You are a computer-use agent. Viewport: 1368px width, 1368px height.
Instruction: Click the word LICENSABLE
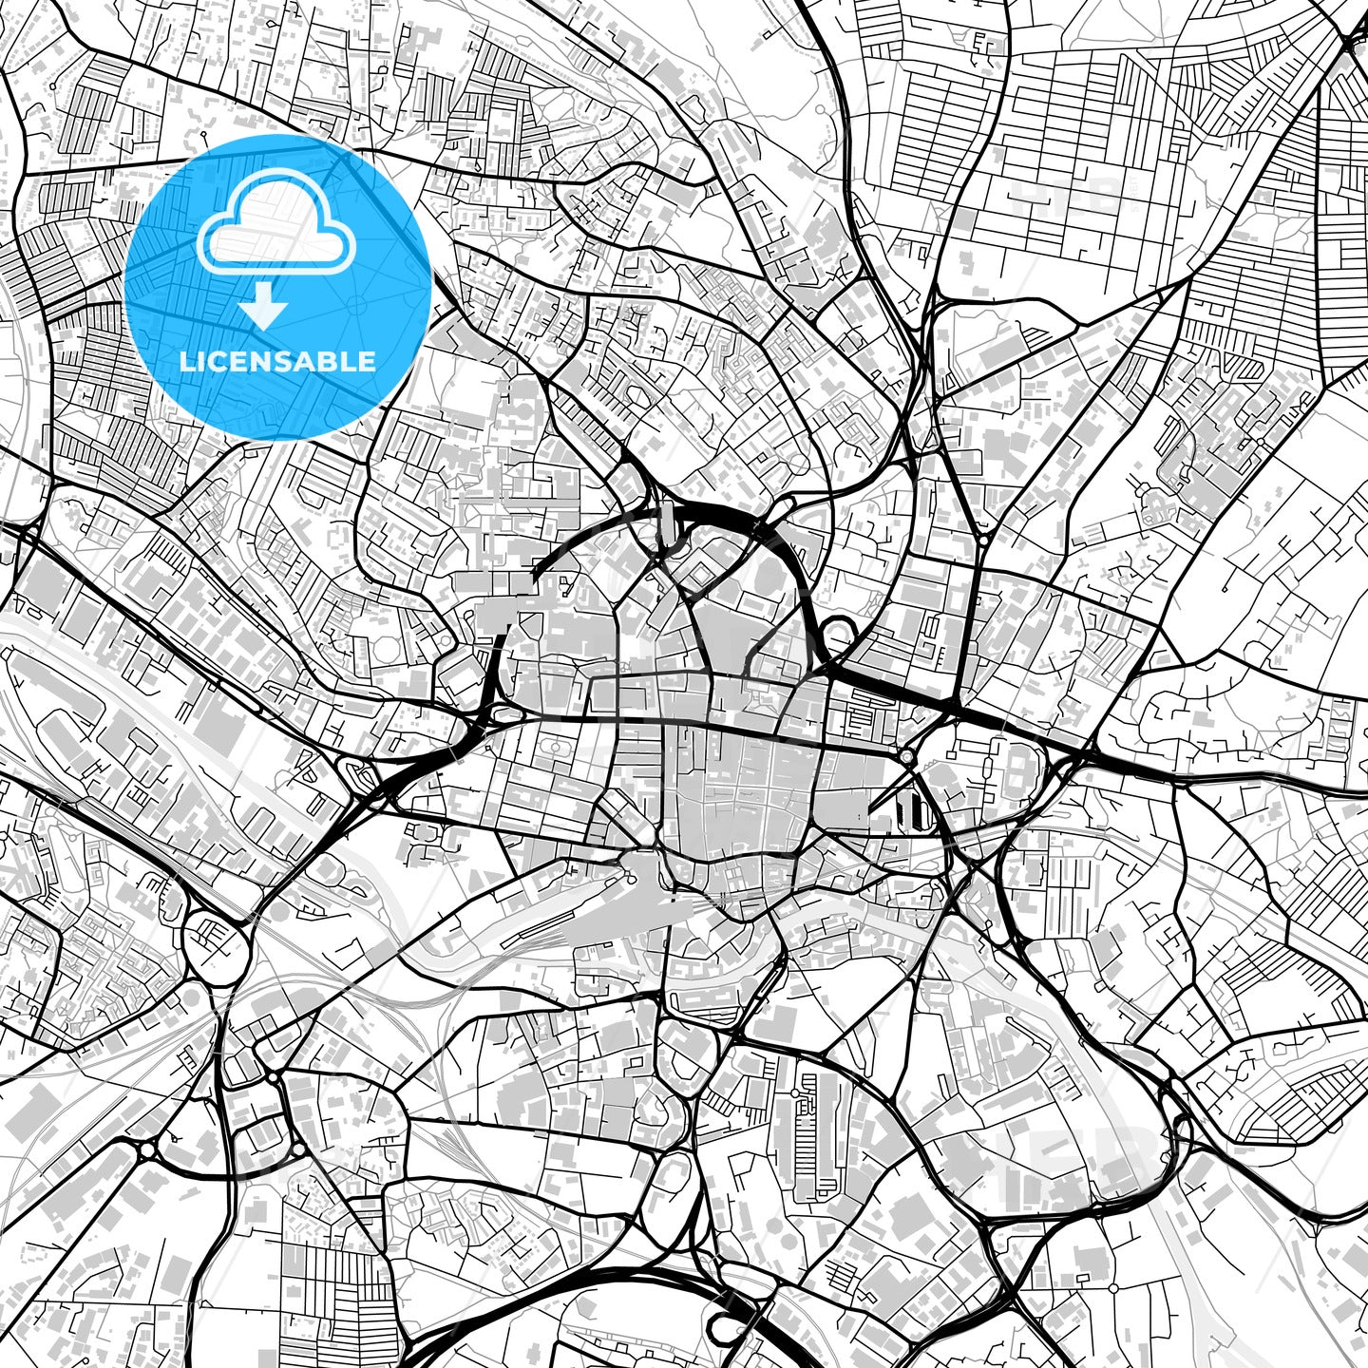coord(277,361)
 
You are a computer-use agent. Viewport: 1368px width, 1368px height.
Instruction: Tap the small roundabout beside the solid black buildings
coord(907,757)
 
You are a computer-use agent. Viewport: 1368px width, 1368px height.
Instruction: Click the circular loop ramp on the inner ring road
coord(836,631)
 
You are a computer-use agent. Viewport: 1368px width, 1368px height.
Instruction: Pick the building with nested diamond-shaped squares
coord(698,571)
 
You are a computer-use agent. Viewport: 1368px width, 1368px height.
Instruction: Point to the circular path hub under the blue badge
coord(356,305)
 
